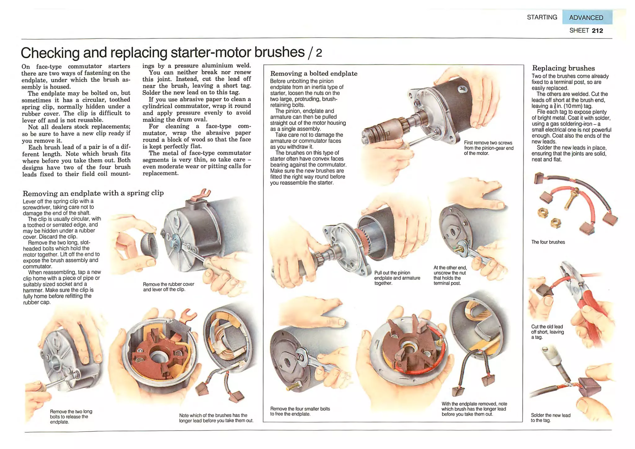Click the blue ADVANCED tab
587,17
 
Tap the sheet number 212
597,31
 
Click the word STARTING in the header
542,17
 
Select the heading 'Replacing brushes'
563,68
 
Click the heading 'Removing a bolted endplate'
314,74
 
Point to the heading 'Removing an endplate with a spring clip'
93,193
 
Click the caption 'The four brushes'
548,242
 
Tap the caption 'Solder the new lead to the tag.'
550,418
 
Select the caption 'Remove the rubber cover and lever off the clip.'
168,287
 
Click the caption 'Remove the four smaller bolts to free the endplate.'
300,411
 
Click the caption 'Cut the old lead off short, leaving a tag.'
547,332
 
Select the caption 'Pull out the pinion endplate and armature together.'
397,278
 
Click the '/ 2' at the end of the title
315,53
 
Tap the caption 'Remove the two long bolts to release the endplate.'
71,417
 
